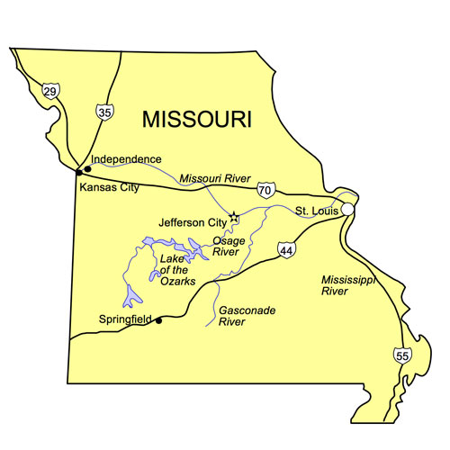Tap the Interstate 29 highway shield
(50, 89)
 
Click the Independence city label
(126, 158)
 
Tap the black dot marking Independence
(88, 168)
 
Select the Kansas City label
(110, 187)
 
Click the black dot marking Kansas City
(80, 170)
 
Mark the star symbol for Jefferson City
(235, 217)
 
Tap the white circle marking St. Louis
(347, 209)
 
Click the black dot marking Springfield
(159, 319)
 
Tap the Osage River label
(228, 246)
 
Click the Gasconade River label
(247, 315)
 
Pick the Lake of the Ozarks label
(175, 268)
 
